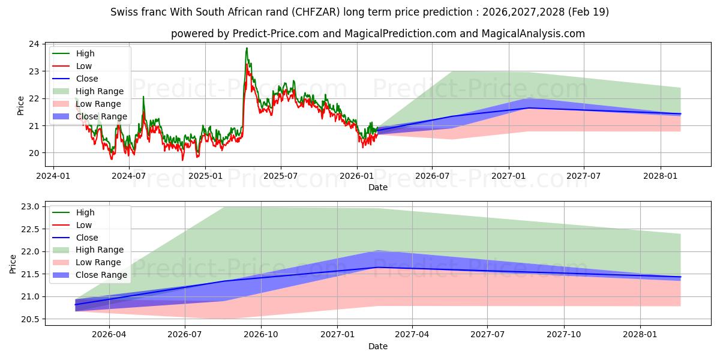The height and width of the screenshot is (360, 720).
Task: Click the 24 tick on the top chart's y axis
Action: pos(34,44)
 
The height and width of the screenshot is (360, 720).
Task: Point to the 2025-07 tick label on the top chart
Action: pos(281,176)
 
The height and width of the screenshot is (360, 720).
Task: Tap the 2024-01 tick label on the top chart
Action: pos(53,176)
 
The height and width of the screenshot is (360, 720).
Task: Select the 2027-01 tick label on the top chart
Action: pos(509,176)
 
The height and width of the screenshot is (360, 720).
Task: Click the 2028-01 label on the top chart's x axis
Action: pos(661,176)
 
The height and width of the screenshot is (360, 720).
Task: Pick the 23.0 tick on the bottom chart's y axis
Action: pos(30,206)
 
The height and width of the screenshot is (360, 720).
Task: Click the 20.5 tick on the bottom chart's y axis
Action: pos(30,319)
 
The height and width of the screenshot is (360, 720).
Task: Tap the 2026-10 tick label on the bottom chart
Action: pos(261,335)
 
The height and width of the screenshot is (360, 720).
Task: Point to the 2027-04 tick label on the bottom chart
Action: pos(412,335)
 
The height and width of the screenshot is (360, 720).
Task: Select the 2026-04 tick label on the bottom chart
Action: pos(109,335)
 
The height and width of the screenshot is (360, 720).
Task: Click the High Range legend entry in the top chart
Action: pos(88,91)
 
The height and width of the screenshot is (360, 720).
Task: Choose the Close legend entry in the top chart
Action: pos(75,79)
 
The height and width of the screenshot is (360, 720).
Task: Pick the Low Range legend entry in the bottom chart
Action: pos(87,262)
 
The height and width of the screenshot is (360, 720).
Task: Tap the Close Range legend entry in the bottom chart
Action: pos(90,275)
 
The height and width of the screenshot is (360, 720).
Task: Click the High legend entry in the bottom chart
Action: pos(74,212)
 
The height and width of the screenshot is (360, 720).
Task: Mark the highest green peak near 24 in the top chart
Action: pos(247,48)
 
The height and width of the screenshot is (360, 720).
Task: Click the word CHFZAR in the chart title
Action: pos(317,12)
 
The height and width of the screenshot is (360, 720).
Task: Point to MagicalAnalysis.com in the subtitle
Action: pos(533,34)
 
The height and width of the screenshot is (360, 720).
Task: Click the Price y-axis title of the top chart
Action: pos(20,106)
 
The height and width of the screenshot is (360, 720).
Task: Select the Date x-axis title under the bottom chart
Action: pos(377,346)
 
